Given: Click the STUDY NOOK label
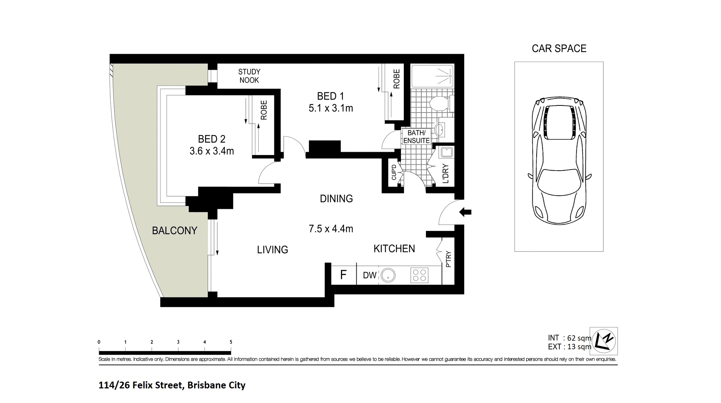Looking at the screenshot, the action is pos(249,76).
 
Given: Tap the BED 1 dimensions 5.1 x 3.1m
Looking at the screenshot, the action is pos(331,108).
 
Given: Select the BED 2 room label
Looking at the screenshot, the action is pos(212,139).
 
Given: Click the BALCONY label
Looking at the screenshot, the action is pos(174,231).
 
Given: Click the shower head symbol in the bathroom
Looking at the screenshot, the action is pos(450,76).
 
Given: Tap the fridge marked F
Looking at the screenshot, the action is pos(344,275).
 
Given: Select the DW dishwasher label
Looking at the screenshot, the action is pos(370,275).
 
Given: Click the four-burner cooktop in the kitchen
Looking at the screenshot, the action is pos(419,275).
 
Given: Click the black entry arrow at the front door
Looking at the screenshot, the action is pos(465,212).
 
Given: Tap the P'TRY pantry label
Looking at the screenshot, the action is pos(448,259).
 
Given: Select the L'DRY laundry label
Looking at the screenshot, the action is pos(445,174).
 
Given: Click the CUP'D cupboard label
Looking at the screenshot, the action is pos(394,172).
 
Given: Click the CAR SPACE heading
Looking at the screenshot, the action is pos(559,48).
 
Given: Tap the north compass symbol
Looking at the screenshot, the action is pos(604,341).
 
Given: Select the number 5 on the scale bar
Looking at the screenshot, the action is pos(231,342).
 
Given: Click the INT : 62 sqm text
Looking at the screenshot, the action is pos(569,338).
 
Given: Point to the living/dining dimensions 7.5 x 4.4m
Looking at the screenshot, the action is pos(331,228).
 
